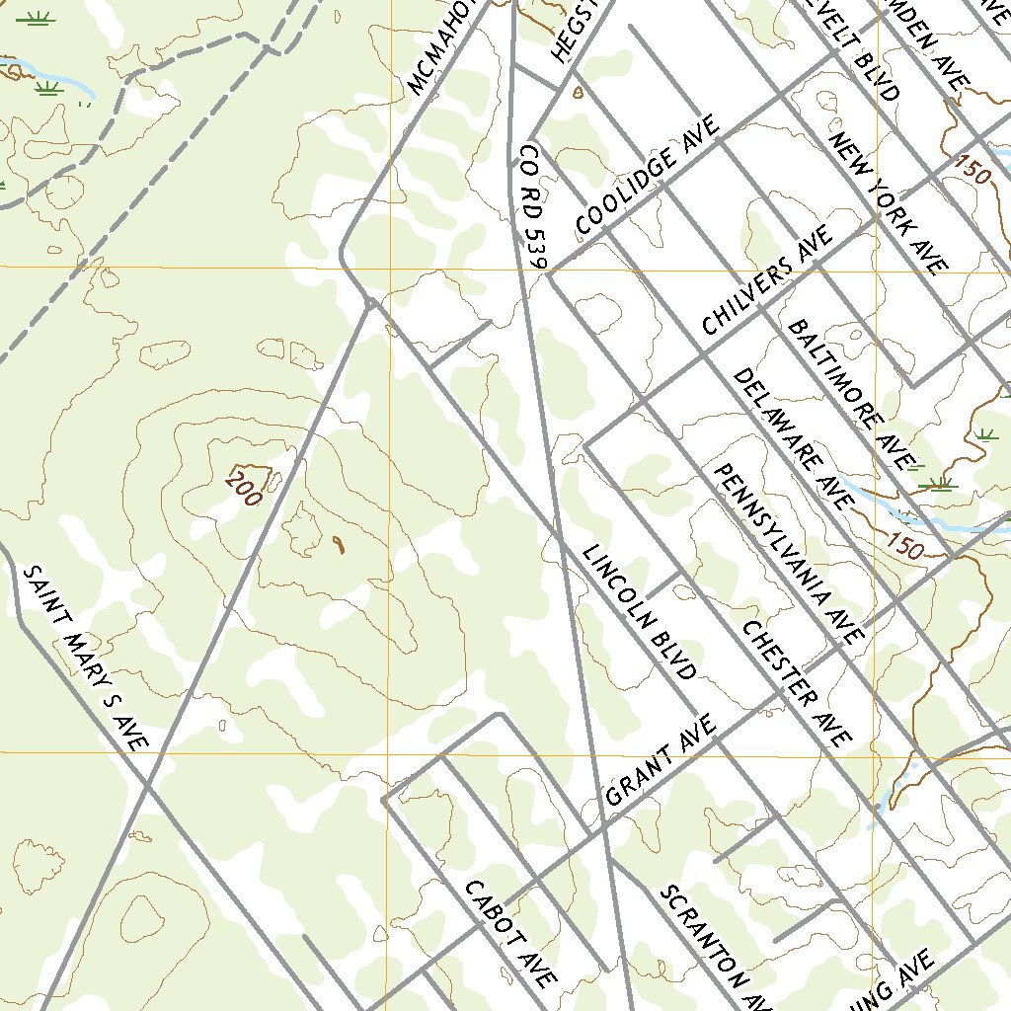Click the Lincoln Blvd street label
(639, 612)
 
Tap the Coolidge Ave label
(648, 179)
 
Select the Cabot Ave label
(509, 934)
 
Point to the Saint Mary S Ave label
(85, 658)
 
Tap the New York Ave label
(889, 202)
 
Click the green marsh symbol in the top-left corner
(37, 19)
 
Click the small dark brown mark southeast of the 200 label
(339, 544)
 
